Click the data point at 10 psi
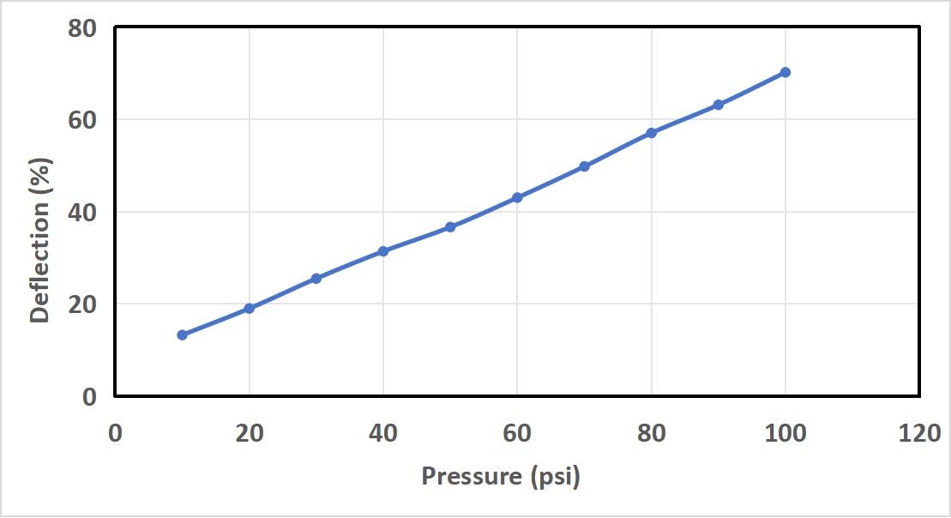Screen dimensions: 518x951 (x=182, y=334)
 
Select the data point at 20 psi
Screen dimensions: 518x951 (x=250, y=308)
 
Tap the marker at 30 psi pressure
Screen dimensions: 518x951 (x=316, y=278)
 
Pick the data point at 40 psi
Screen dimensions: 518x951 (x=383, y=251)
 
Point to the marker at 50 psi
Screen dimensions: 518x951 (x=450, y=227)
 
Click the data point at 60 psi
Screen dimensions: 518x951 (x=517, y=197)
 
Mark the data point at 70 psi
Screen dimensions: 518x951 (x=585, y=166)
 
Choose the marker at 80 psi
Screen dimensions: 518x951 (x=652, y=133)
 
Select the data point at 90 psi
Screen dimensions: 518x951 (x=719, y=105)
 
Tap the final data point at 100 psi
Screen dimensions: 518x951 (x=785, y=72)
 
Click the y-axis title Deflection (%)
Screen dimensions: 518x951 (x=39, y=238)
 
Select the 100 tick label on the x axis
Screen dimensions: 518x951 (x=785, y=433)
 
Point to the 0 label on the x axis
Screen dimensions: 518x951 (x=116, y=433)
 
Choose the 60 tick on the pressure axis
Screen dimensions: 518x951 (x=517, y=433)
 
